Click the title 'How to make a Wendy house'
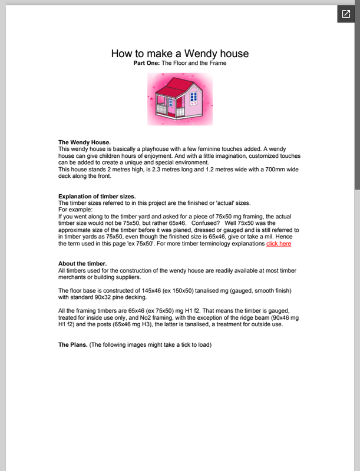180,53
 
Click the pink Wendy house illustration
180,98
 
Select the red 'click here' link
278,243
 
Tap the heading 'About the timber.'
82,263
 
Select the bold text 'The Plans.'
72,345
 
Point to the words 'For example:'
76,210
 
